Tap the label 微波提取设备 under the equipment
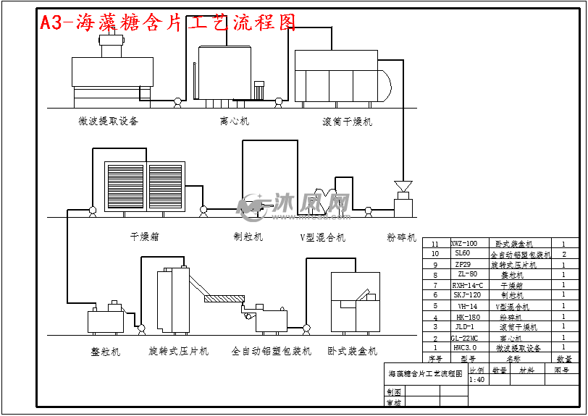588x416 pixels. (x=108, y=121)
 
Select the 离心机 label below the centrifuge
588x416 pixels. (x=234, y=121)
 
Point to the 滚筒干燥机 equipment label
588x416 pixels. (x=347, y=122)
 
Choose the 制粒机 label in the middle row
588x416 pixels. (x=248, y=237)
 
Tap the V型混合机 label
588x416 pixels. (x=322, y=237)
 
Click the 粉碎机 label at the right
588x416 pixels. (x=402, y=237)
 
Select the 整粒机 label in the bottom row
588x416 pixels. (x=106, y=352)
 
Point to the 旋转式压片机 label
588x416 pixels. (x=178, y=352)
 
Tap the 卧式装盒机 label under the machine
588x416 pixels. (x=352, y=352)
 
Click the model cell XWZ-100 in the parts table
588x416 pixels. (x=464, y=244)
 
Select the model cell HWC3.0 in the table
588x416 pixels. (x=464, y=348)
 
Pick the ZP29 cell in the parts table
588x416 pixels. (x=464, y=265)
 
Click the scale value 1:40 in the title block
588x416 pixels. (x=477, y=380)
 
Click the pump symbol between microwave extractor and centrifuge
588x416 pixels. (x=177, y=103)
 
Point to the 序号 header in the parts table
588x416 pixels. (x=434, y=358)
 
